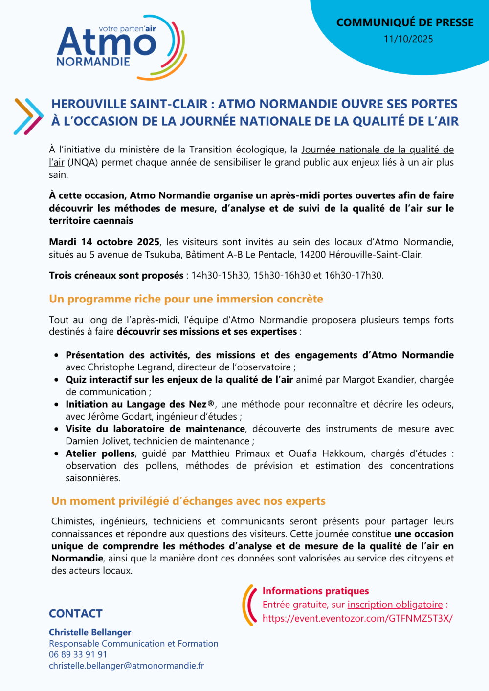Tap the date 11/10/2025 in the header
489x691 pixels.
click(408, 39)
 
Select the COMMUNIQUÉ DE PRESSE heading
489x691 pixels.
click(405, 22)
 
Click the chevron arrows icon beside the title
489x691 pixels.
click(28, 116)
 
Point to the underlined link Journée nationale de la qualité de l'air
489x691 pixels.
click(377, 150)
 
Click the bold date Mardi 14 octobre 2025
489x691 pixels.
click(104, 242)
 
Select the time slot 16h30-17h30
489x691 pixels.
click(354, 275)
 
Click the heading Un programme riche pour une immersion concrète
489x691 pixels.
click(186, 299)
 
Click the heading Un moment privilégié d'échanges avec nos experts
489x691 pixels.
click(188, 501)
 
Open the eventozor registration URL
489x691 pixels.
click(357, 618)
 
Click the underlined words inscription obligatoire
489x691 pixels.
click(395, 605)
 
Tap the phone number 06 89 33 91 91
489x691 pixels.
click(78, 654)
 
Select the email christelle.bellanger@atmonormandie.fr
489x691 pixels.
click(126, 666)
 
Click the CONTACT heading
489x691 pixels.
click(76, 614)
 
